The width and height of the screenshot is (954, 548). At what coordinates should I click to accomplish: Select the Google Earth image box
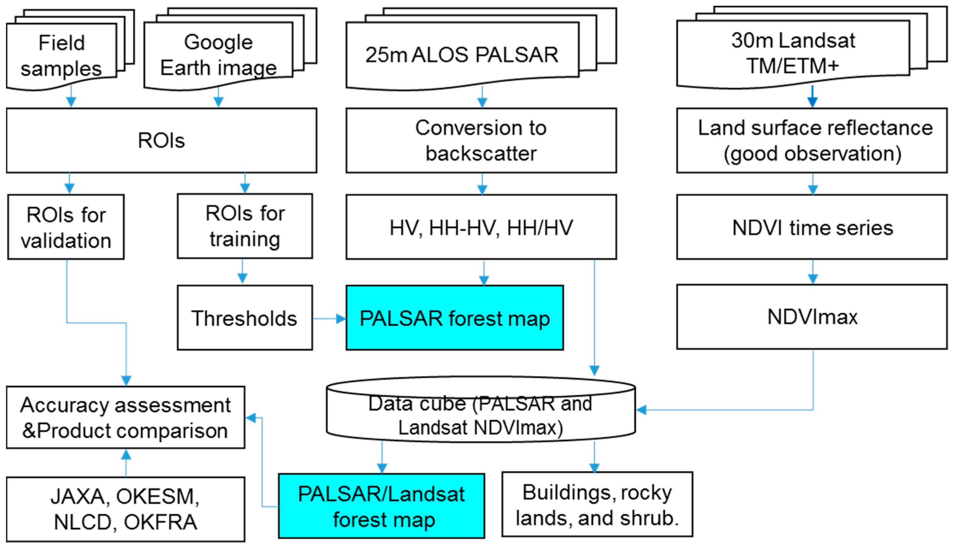click(218, 55)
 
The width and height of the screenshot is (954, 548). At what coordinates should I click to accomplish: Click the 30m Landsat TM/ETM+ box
click(793, 53)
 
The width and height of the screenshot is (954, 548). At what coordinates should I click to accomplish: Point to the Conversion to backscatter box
click(481, 140)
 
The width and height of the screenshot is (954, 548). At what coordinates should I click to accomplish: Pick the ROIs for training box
click(245, 226)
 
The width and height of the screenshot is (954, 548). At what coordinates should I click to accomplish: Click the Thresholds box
click(245, 318)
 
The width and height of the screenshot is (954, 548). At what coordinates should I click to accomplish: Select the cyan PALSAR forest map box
click(455, 318)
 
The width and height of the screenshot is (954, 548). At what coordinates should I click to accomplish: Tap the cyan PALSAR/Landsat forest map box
click(381, 506)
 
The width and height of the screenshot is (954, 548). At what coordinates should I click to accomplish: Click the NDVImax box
click(812, 317)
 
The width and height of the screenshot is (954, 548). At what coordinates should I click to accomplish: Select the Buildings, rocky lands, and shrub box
click(597, 505)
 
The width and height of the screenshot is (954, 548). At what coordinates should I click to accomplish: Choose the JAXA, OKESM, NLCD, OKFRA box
click(125, 510)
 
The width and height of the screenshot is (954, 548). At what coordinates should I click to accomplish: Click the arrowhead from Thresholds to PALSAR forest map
click(341, 319)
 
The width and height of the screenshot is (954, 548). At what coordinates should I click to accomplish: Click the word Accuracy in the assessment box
click(64, 405)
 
